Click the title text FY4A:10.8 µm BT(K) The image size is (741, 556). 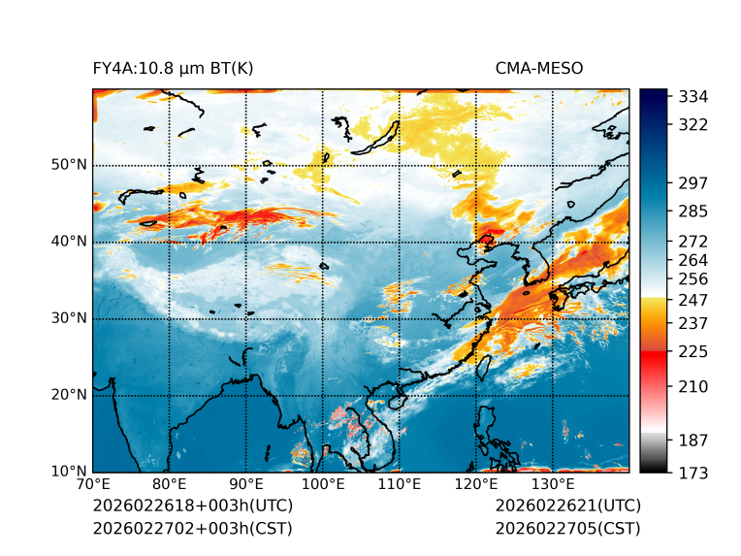[x=174, y=68]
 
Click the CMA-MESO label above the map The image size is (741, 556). [x=539, y=68]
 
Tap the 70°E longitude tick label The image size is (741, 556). [x=93, y=484]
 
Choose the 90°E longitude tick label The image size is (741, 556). [x=246, y=484]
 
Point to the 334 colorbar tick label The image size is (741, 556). [x=693, y=97]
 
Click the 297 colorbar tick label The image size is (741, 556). [x=693, y=183]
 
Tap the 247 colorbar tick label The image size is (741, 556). [x=693, y=301]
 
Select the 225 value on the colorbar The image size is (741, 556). [x=693, y=351]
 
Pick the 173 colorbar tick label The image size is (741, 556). [x=693, y=473]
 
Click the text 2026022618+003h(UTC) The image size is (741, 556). [x=192, y=506]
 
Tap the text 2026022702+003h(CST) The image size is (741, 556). [x=192, y=529]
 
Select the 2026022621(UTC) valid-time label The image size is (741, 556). [x=567, y=506]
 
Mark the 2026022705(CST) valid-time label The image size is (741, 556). [x=567, y=529]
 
